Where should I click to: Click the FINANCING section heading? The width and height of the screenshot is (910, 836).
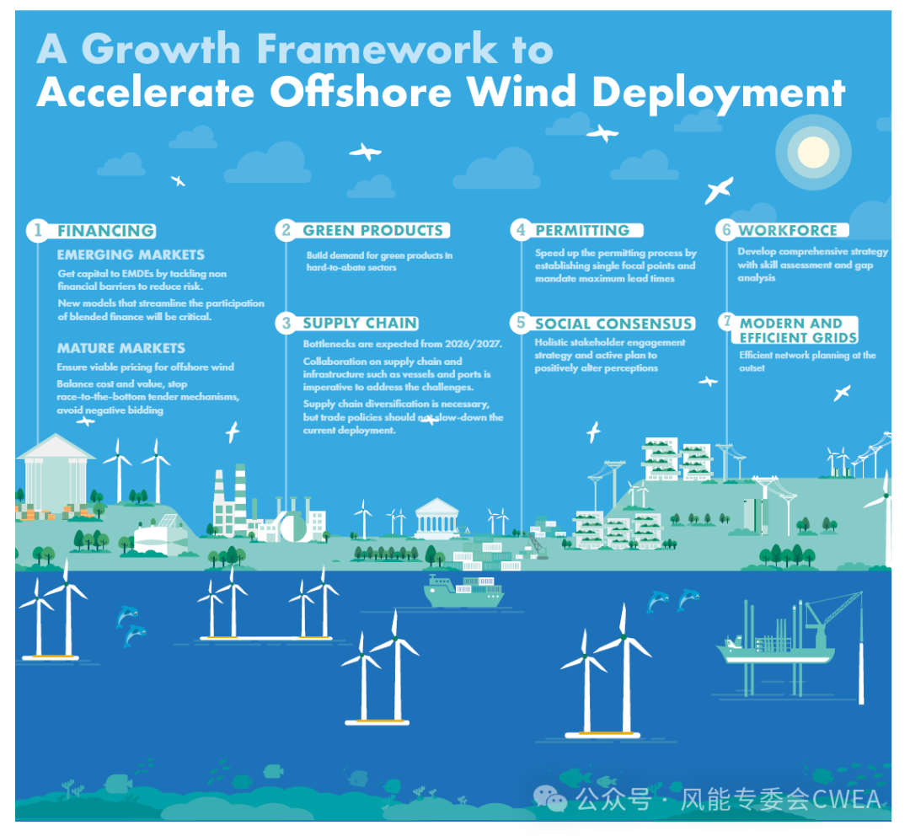click(106, 231)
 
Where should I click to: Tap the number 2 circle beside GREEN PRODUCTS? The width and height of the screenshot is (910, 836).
click(286, 230)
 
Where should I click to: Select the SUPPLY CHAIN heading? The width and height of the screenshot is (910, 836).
click(360, 324)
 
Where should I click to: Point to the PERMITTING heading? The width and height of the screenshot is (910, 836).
click(582, 230)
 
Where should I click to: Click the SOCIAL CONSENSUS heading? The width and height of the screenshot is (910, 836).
click(613, 324)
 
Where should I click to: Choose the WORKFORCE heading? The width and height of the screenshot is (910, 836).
click(788, 230)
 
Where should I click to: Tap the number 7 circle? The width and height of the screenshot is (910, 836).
click(727, 322)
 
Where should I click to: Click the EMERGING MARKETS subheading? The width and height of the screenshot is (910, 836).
click(131, 255)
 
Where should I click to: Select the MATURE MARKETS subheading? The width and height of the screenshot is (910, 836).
click(120, 348)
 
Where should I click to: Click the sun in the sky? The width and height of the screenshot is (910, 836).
click(813, 152)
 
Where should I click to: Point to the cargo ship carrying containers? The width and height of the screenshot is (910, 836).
click(463, 591)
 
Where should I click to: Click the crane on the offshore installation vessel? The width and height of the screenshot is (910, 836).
click(831, 617)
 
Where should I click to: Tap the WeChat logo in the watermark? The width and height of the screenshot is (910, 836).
click(549, 798)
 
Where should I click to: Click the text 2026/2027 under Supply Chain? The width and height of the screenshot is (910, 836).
click(473, 344)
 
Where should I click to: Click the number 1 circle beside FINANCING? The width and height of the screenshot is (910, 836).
click(38, 230)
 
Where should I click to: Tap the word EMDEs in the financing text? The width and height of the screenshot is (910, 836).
click(137, 273)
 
